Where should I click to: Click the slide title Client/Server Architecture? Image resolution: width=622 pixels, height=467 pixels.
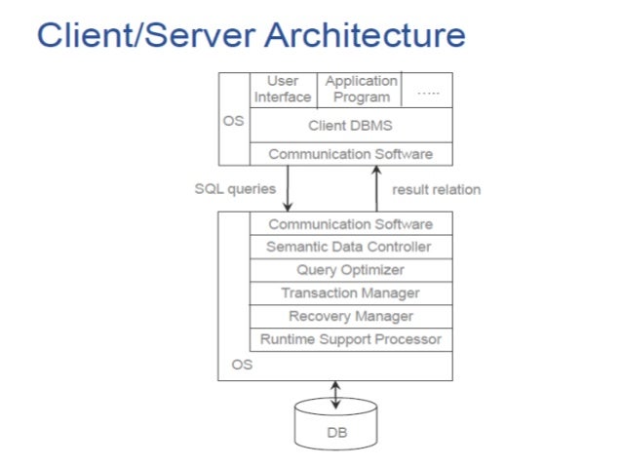251,36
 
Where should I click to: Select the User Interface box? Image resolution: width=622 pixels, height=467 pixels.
283,89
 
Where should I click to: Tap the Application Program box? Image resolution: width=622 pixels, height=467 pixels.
361,89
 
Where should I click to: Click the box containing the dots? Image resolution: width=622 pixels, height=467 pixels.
428,89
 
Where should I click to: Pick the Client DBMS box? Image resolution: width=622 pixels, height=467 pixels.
350,125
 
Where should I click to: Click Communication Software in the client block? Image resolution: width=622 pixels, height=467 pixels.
350,154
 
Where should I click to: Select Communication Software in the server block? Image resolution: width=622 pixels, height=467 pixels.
350,224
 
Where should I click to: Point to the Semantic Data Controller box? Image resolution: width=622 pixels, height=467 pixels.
350,247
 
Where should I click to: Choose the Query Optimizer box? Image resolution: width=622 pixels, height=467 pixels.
350,270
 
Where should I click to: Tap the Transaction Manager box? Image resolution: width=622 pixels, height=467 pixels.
350,293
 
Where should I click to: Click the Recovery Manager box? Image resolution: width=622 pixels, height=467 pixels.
350,317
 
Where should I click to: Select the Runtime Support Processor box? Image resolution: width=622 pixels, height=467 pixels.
350,340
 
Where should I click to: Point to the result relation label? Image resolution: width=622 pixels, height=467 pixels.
436,189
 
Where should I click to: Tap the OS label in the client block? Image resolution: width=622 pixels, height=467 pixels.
234,122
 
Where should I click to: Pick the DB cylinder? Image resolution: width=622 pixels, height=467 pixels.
335,421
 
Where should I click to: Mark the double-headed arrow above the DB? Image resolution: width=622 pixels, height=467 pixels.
335,394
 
